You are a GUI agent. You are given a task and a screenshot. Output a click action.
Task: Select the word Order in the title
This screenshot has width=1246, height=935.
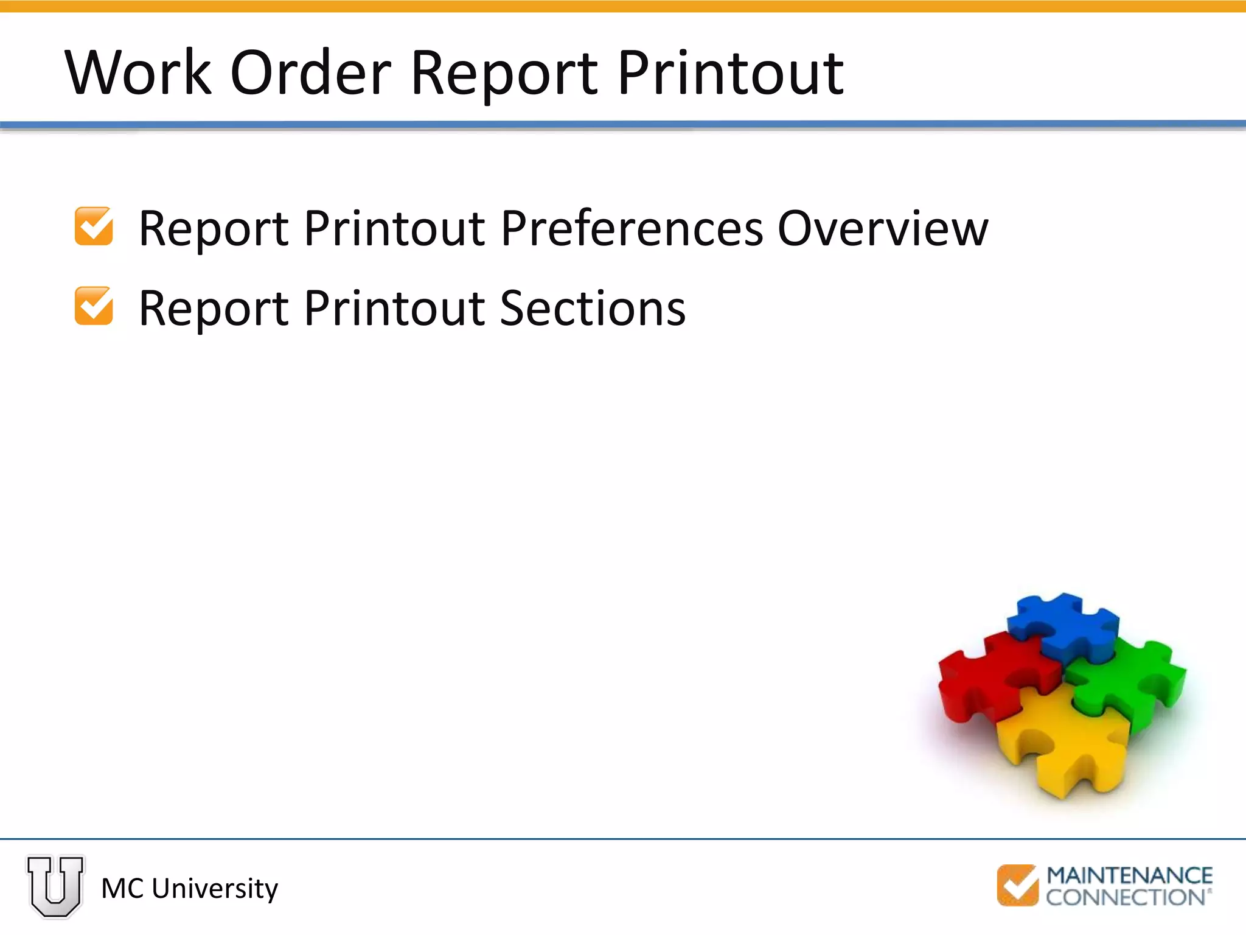click(310, 73)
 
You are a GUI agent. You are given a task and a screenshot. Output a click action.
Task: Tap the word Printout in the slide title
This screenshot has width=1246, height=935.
click(730, 73)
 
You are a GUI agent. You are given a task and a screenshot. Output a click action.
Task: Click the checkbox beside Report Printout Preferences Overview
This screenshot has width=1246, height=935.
click(94, 226)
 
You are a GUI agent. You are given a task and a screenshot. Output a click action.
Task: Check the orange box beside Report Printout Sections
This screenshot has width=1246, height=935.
click(94, 306)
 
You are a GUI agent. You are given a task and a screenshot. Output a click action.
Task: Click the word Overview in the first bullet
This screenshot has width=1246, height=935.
click(883, 229)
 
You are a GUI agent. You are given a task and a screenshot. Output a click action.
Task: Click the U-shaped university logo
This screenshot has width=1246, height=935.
click(55, 887)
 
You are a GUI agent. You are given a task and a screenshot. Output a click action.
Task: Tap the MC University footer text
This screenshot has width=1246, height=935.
click(189, 889)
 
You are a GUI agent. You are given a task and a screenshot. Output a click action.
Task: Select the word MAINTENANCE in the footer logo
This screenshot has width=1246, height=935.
click(1129, 876)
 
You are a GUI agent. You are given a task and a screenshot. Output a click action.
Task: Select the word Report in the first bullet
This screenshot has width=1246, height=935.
click(213, 229)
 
